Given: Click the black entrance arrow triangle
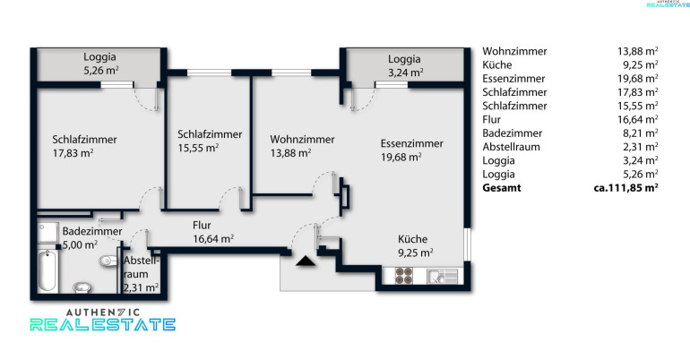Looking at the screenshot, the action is pos(306,261).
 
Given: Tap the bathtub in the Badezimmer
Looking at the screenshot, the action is pos(47,270).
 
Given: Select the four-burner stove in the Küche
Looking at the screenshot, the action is pos(403,276).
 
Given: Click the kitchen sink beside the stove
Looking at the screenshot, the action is pos(443,277).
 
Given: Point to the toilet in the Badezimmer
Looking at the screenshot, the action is pos(108,261).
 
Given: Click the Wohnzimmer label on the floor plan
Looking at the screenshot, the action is pos(302,140).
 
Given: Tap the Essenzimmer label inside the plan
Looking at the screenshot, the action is pos(412,143).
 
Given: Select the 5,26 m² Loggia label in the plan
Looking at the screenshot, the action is pos(100,64).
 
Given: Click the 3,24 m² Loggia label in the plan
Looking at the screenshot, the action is pos(405,65).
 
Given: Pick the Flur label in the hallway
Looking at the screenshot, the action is pos(202,225).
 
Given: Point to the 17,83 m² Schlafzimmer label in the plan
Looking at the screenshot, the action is pos(84,146).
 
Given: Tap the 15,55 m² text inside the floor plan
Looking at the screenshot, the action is pos(198,148).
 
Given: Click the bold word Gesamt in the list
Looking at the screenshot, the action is pos(502,188).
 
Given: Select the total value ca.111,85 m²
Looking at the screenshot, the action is pos(625,188).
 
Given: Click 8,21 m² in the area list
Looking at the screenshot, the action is pos(641,133).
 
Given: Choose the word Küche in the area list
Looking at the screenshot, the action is pos(497,65).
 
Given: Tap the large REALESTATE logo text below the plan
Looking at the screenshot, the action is pos(103,325).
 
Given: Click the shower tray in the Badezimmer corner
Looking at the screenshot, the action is pos(47,233).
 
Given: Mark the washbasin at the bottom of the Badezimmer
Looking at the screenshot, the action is pos(82,287).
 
